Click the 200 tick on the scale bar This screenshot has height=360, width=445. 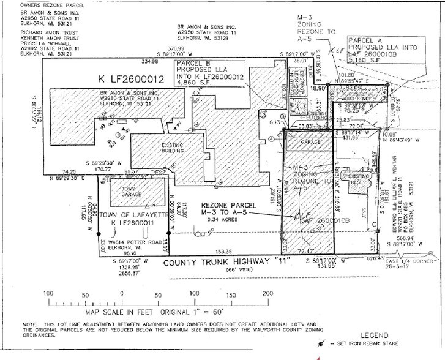pos(267,295)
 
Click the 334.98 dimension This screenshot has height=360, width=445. pos(149,62)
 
